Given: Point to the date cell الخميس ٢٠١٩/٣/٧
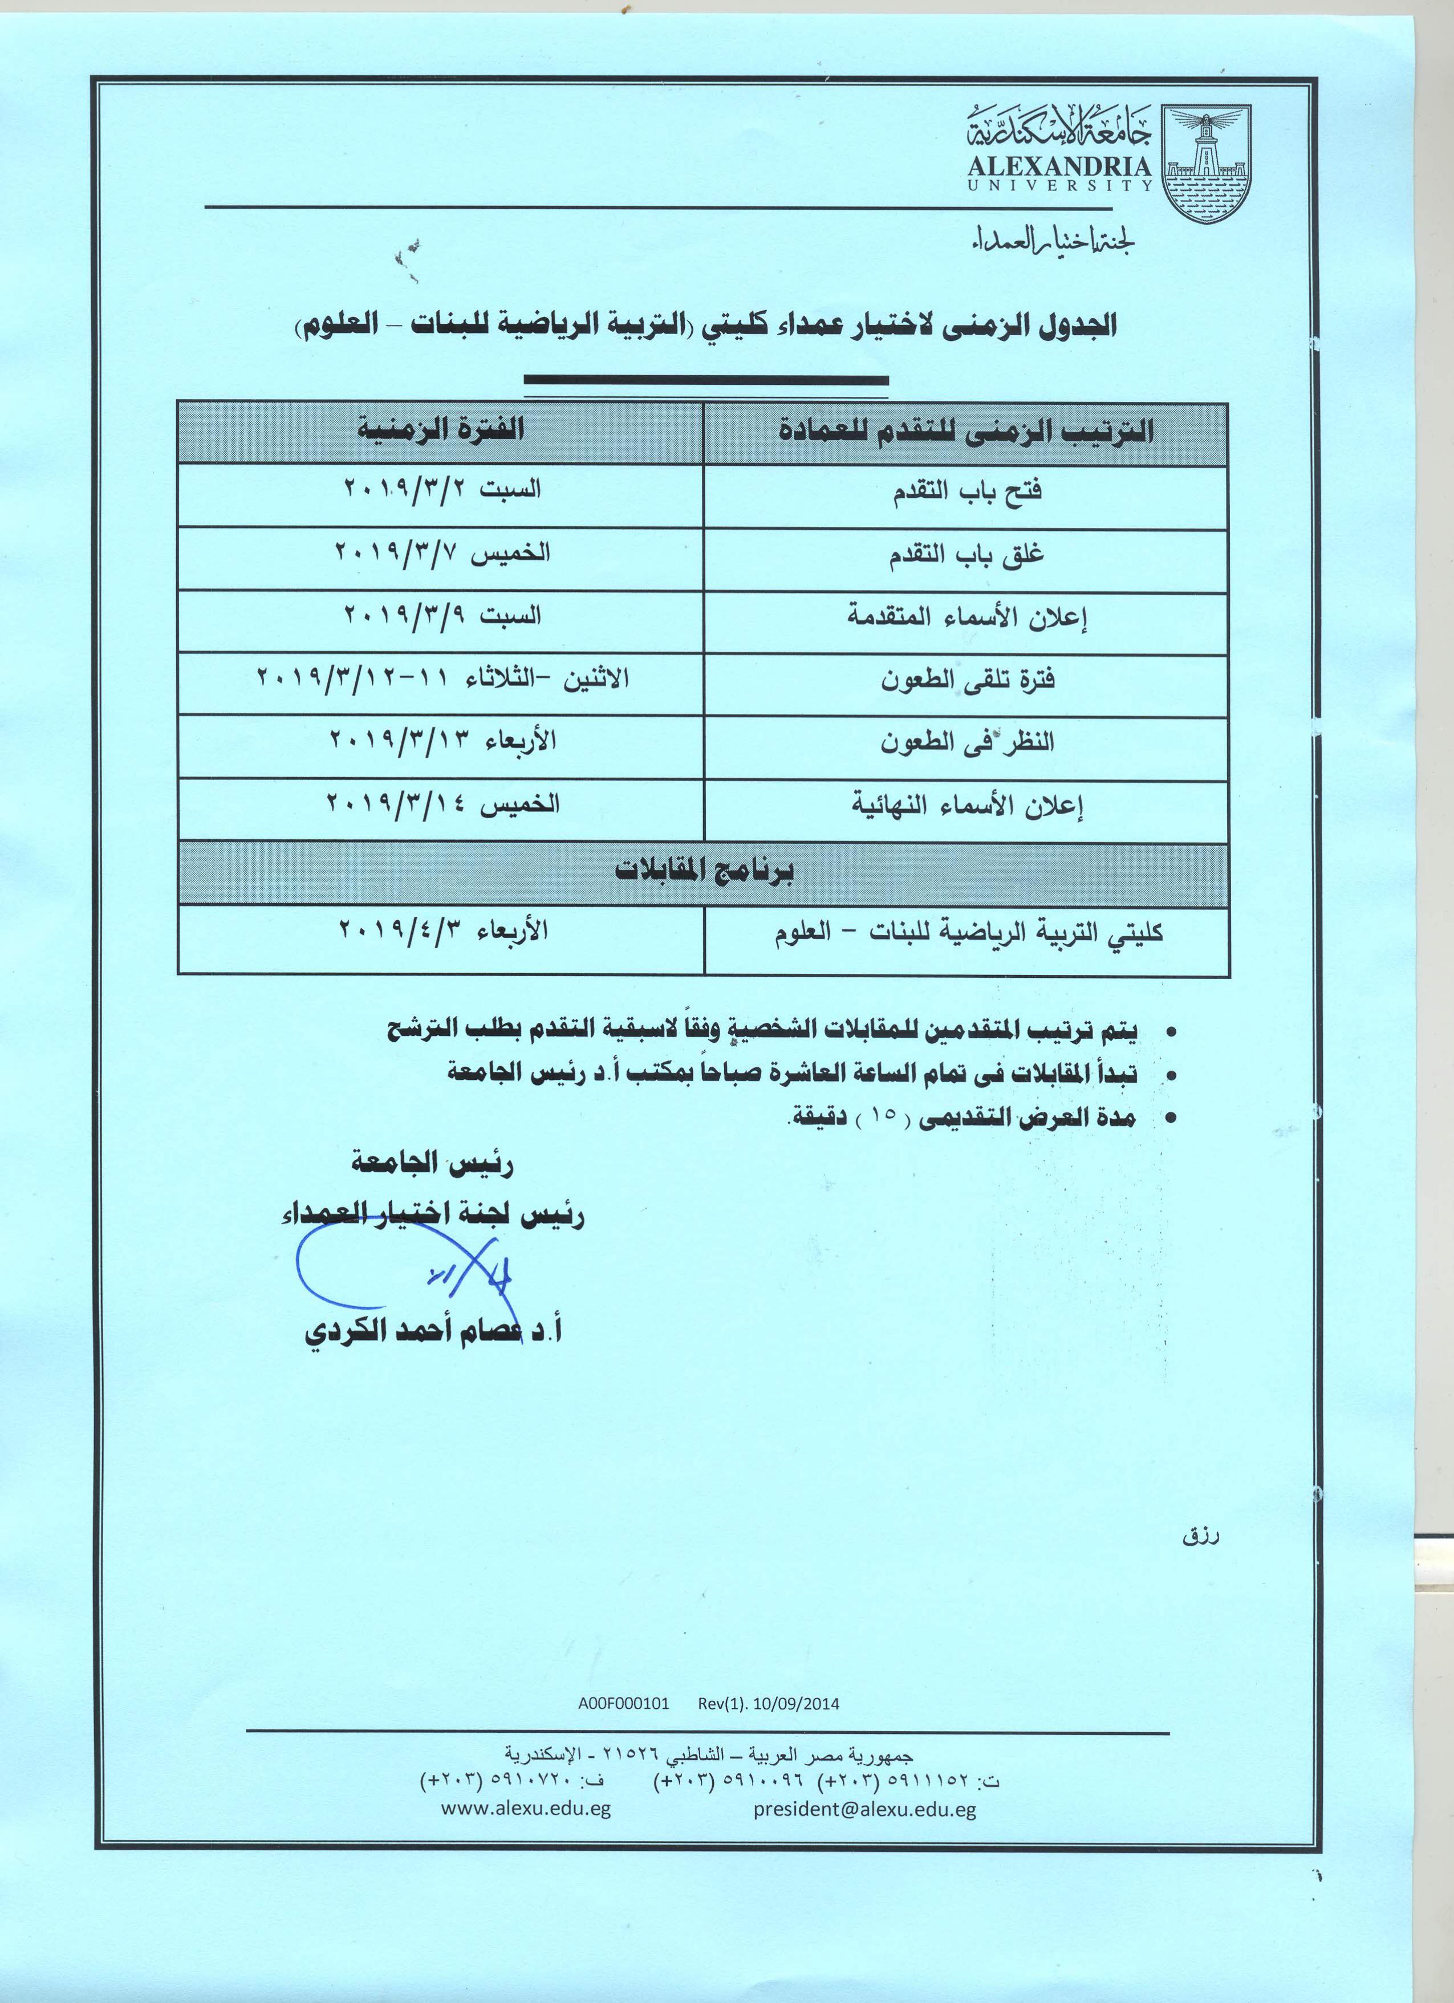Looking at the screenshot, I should (442, 554).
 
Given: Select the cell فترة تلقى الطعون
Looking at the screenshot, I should (966, 680).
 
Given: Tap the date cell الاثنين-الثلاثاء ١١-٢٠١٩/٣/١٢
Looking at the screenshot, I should (442, 678).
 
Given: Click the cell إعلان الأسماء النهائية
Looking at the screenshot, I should (966, 806).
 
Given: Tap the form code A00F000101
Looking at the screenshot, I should (624, 1704).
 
